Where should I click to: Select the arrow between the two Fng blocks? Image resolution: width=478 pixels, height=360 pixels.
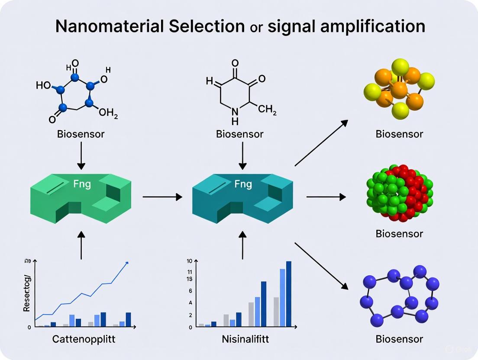point(162,197)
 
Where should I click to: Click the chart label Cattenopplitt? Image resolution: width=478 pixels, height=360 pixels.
point(81,339)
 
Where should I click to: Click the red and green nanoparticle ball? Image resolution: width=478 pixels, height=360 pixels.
point(399,193)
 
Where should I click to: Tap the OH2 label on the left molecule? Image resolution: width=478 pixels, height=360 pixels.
point(108,113)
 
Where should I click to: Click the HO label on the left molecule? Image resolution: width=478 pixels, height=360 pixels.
point(43,85)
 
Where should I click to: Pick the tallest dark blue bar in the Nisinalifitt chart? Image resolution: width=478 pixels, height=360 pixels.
point(289,294)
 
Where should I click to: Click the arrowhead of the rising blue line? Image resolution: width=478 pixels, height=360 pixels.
point(126,263)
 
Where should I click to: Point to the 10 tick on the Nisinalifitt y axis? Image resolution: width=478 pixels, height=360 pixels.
point(189,261)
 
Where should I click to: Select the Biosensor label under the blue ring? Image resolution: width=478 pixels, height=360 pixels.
point(399,339)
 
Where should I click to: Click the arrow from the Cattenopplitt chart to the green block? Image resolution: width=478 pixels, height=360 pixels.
point(81,245)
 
